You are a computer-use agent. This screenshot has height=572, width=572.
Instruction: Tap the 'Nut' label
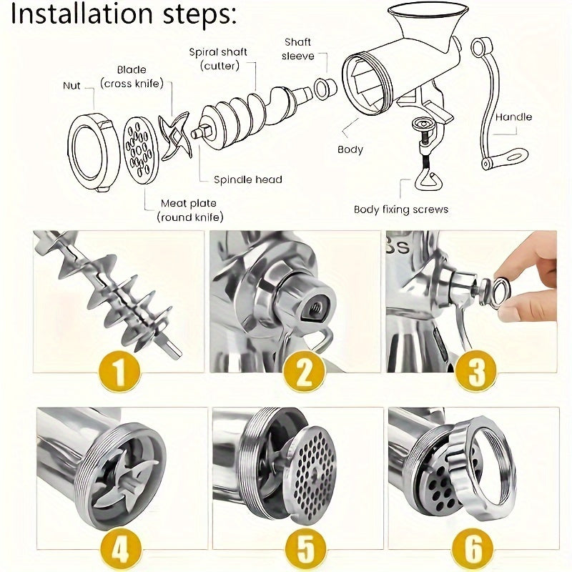coord(71,86)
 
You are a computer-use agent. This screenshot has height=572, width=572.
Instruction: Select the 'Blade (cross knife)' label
coord(132,77)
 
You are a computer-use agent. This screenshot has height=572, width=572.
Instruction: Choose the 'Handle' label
coord(513,117)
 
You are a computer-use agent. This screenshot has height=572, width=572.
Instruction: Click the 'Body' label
coord(350,149)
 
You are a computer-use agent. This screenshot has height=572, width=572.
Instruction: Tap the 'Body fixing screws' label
coord(400,209)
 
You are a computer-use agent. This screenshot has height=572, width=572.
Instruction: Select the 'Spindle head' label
coord(247,179)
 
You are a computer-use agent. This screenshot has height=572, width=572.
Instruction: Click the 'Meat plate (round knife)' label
coord(189,210)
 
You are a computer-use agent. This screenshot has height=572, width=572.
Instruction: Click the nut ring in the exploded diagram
coord(92,151)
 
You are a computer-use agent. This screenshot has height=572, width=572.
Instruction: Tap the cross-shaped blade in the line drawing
coord(174,136)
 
